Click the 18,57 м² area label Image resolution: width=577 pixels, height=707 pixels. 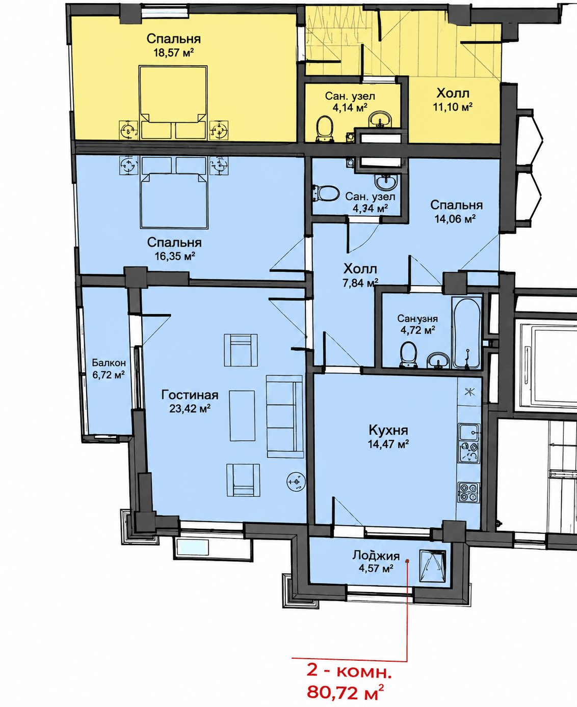174,53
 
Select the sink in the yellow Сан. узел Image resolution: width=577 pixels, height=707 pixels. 380,119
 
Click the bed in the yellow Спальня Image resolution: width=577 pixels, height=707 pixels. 173,103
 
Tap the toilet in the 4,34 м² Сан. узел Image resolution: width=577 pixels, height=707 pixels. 326,193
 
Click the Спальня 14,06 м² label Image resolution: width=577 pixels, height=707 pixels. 456,211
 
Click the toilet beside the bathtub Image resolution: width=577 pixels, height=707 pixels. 408,355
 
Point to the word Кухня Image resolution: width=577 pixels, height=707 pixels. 388,430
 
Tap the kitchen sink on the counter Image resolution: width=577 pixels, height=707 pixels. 469,432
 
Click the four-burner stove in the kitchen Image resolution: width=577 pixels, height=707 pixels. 468,492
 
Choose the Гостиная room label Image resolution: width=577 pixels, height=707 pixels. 190,395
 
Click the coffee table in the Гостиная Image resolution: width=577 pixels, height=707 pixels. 242,415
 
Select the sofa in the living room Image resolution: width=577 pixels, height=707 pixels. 285,416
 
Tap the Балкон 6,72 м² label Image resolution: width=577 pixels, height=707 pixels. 109,369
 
